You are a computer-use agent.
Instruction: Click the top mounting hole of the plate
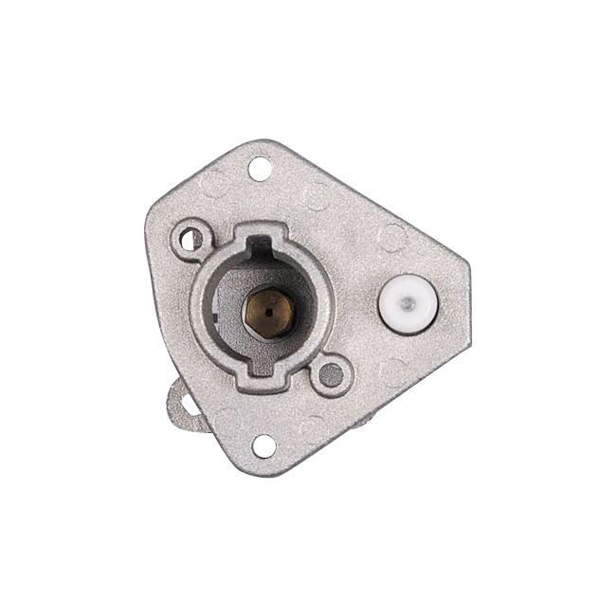click(260, 170)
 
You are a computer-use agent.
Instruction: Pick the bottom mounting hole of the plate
click(264, 444)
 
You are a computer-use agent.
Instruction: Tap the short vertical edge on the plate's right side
click(468, 293)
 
